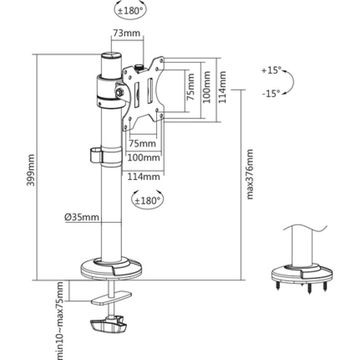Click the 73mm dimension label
click(x=126, y=33)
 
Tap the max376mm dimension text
click(x=250, y=173)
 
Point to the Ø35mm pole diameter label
click(x=81, y=218)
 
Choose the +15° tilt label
click(x=270, y=71)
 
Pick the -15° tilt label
click(x=270, y=94)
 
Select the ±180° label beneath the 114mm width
click(x=147, y=199)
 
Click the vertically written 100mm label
click(x=207, y=89)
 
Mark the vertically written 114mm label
click(x=222, y=89)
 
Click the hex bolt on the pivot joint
click(x=120, y=92)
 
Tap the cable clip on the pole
click(x=96, y=154)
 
